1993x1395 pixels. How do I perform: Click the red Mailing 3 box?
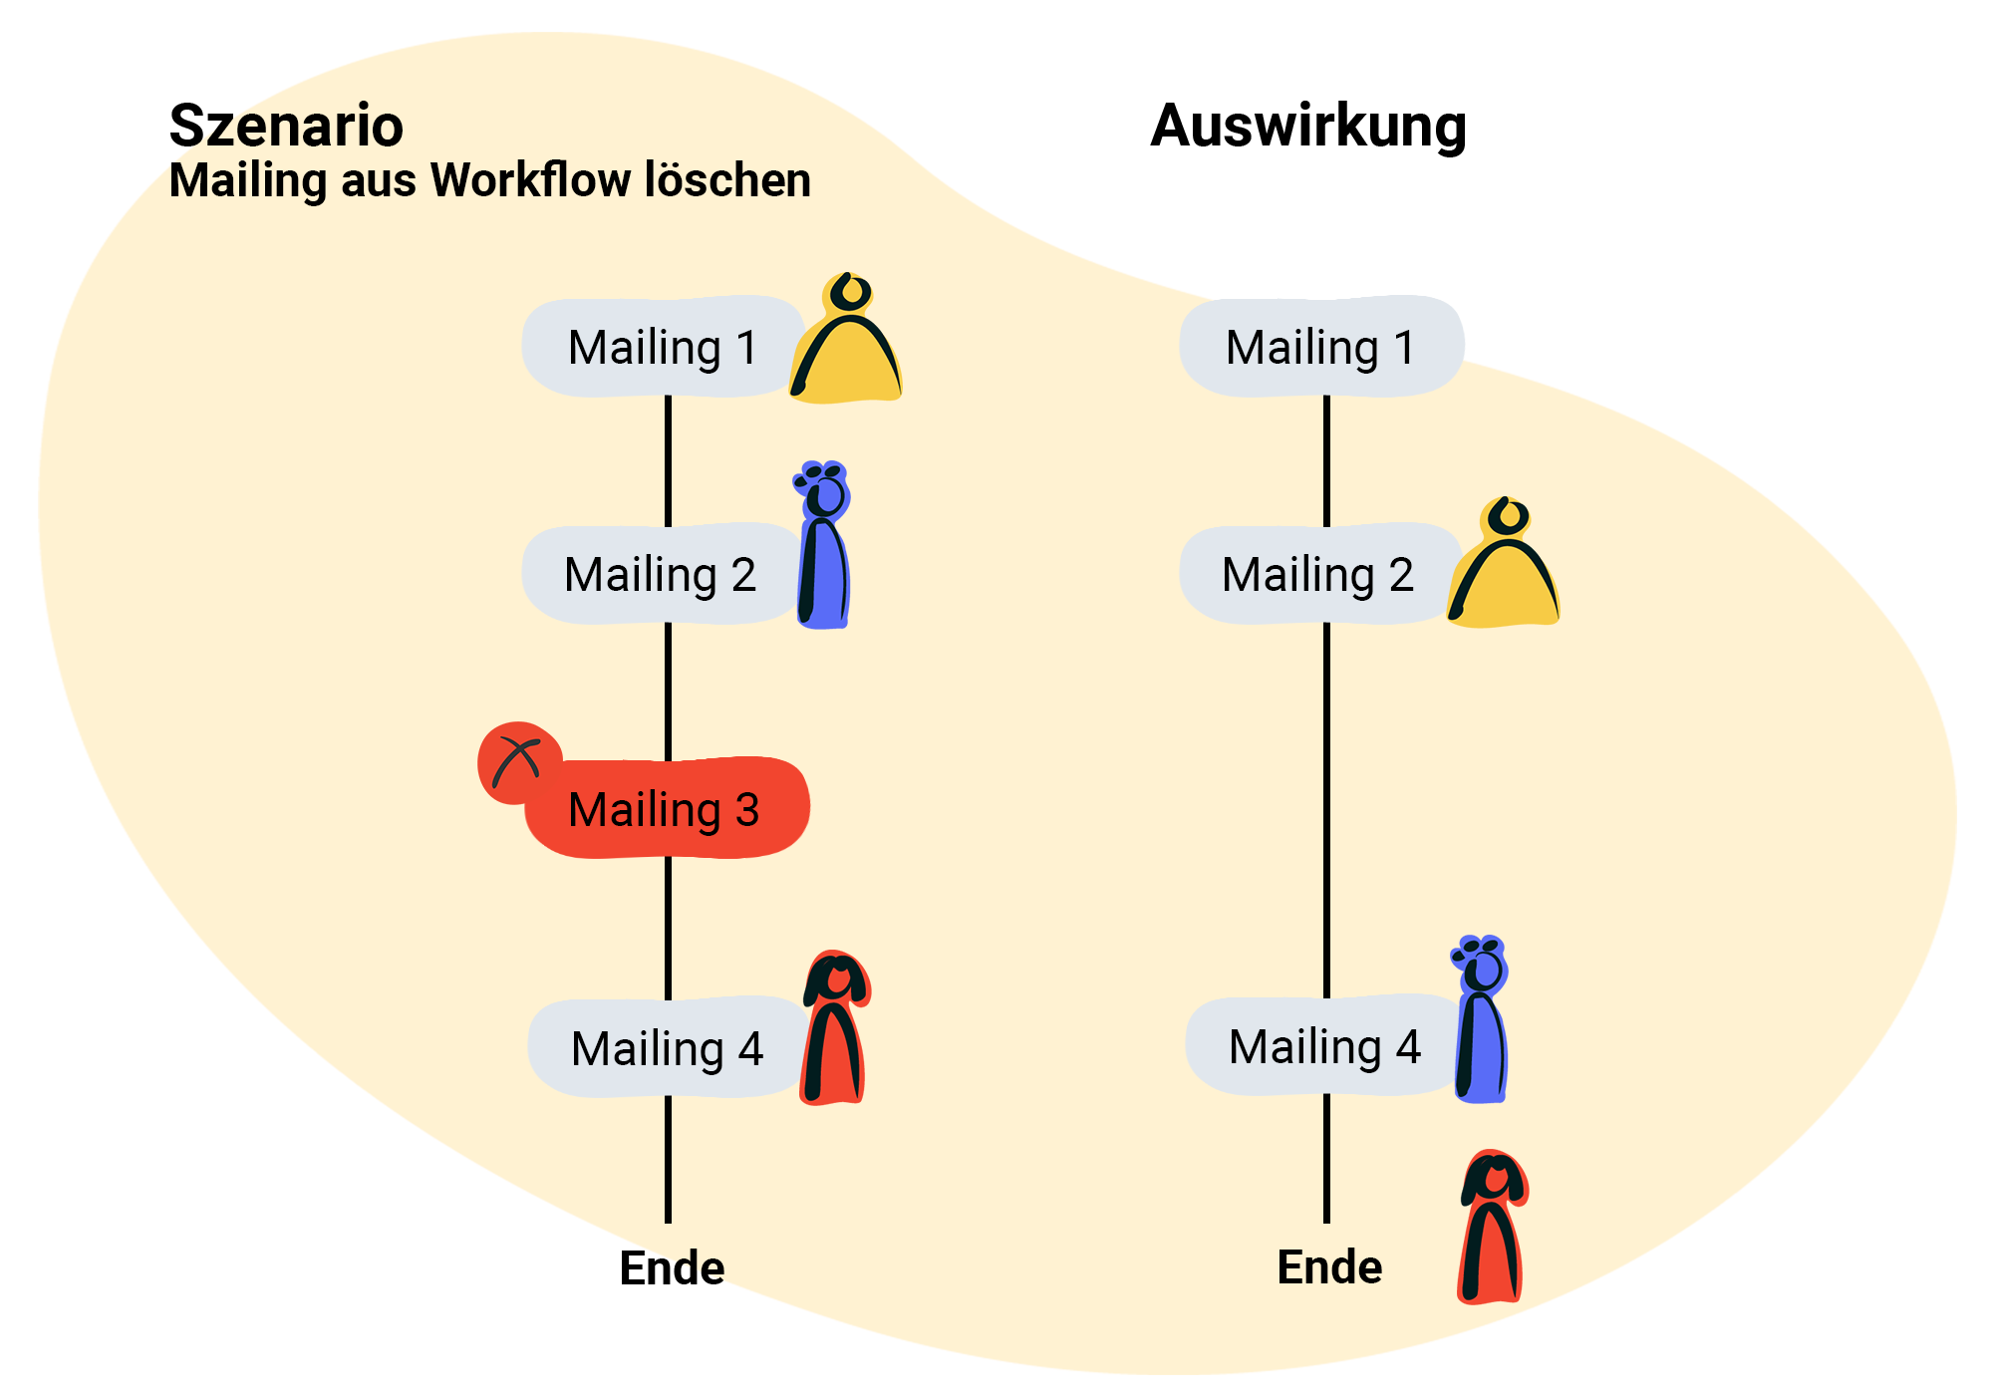click(x=666, y=809)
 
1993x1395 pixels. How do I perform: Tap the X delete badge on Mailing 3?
click(x=517, y=762)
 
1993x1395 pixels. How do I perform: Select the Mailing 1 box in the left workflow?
click(x=663, y=347)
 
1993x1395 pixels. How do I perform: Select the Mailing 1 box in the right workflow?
click(x=1320, y=347)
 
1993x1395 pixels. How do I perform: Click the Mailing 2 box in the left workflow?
click(x=660, y=575)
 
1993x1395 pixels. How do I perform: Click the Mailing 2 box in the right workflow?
click(x=1317, y=575)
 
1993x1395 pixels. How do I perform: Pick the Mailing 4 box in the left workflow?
click(x=667, y=1048)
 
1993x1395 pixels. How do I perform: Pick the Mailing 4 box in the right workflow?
click(x=1324, y=1046)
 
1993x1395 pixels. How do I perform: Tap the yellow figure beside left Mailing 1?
click(x=847, y=344)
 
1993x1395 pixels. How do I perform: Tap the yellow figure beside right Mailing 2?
click(x=1505, y=568)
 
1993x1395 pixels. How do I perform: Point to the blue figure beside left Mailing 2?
click(x=824, y=548)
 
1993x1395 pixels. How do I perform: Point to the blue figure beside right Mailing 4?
click(x=1482, y=1021)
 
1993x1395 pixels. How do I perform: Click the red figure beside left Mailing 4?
click(x=835, y=1031)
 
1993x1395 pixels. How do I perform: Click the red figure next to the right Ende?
click(x=1493, y=1231)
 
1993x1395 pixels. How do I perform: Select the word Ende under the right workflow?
click(x=1329, y=1267)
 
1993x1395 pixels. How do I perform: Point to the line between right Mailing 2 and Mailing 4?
click(x=1326, y=807)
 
